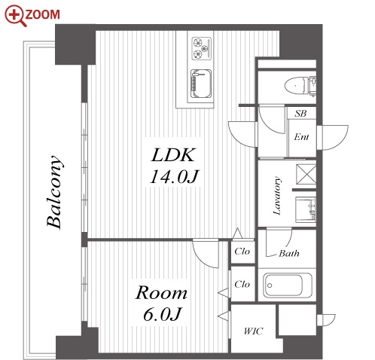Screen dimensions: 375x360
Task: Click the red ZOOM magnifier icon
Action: (x=15, y=16)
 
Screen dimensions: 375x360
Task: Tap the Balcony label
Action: (x=53, y=192)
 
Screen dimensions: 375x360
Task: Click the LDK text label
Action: (x=173, y=155)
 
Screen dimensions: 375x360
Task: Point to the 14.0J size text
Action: (x=174, y=176)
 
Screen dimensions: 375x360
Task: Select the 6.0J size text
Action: (x=162, y=314)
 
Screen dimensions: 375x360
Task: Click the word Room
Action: (x=161, y=293)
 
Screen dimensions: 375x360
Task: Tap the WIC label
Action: (x=253, y=331)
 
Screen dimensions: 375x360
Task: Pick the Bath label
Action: (x=289, y=253)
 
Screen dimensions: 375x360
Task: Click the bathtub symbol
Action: (x=288, y=285)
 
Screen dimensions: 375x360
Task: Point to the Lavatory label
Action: (x=277, y=196)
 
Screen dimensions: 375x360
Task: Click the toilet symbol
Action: (x=300, y=85)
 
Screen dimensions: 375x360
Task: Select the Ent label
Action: (x=301, y=137)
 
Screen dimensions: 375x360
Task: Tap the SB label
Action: (x=300, y=114)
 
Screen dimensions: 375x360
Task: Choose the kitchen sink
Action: (x=201, y=84)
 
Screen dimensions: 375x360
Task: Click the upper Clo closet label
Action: (x=242, y=251)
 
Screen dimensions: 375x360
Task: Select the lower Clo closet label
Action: (x=242, y=284)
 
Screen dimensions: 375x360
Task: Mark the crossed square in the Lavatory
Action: (x=306, y=174)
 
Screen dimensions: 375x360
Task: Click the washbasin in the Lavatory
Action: (x=306, y=210)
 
